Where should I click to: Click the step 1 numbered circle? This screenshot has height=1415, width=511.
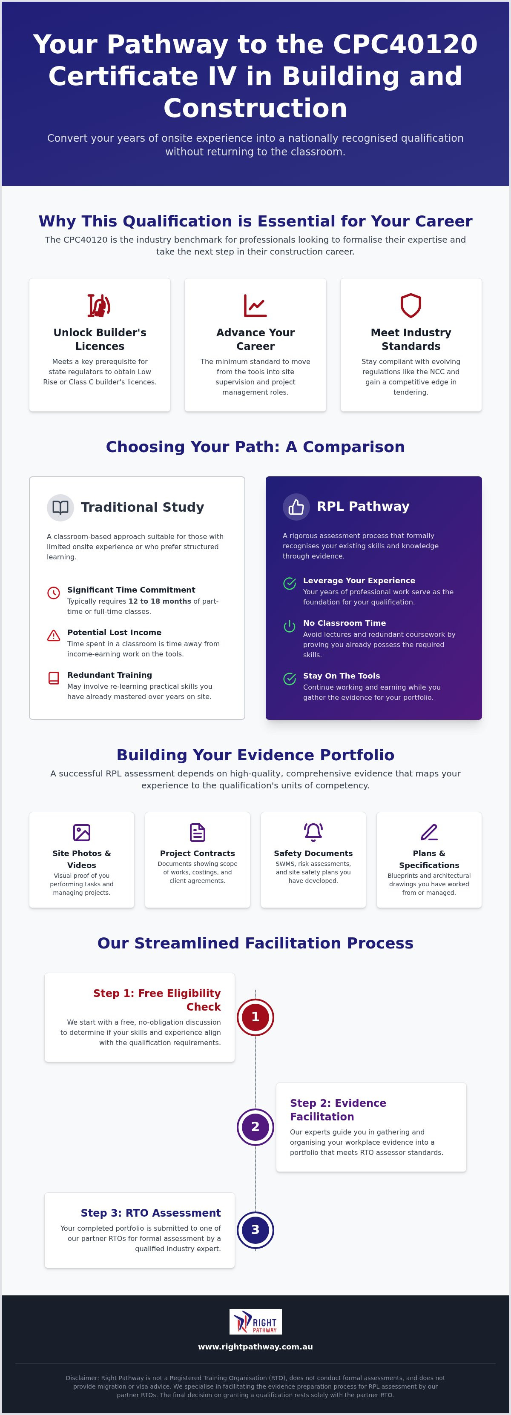point(255,1017)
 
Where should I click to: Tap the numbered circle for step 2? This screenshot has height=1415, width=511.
point(255,1127)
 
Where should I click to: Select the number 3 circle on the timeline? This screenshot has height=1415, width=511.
point(255,1229)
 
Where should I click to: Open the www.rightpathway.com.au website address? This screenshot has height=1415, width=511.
point(255,1346)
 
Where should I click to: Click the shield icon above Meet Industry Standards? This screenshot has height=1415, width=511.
point(411,305)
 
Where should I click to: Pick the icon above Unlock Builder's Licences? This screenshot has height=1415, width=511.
point(100,305)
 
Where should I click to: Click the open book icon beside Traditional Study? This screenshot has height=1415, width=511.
point(60,507)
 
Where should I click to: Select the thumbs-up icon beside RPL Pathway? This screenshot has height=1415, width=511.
point(296,507)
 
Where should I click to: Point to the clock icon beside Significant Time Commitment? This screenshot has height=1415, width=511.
point(54,593)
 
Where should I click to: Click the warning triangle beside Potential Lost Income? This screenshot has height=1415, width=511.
point(54,636)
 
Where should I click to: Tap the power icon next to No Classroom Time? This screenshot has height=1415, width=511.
point(290,626)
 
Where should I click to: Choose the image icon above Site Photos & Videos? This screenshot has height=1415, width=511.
point(82,832)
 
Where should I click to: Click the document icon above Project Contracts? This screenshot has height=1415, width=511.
point(197,832)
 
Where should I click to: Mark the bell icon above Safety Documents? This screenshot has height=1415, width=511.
point(313,832)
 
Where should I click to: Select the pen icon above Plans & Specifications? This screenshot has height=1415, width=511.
point(429,832)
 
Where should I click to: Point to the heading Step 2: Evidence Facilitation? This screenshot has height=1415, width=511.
point(338,1110)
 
